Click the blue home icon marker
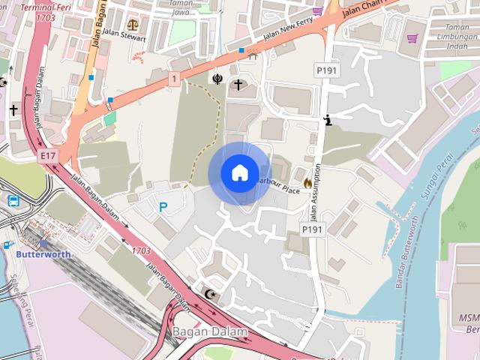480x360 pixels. [239, 172]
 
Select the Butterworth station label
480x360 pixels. [43, 254]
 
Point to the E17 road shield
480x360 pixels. [49, 155]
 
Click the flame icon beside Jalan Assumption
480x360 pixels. [307, 182]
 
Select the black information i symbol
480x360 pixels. [327, 119]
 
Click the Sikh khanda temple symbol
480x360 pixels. [217, 77]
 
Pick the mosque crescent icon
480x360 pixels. [210, 293]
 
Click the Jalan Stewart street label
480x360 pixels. [124, 34]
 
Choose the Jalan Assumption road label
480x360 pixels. [317, 191]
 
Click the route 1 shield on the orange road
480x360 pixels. [173, 77]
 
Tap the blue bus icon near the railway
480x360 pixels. [13, 200]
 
